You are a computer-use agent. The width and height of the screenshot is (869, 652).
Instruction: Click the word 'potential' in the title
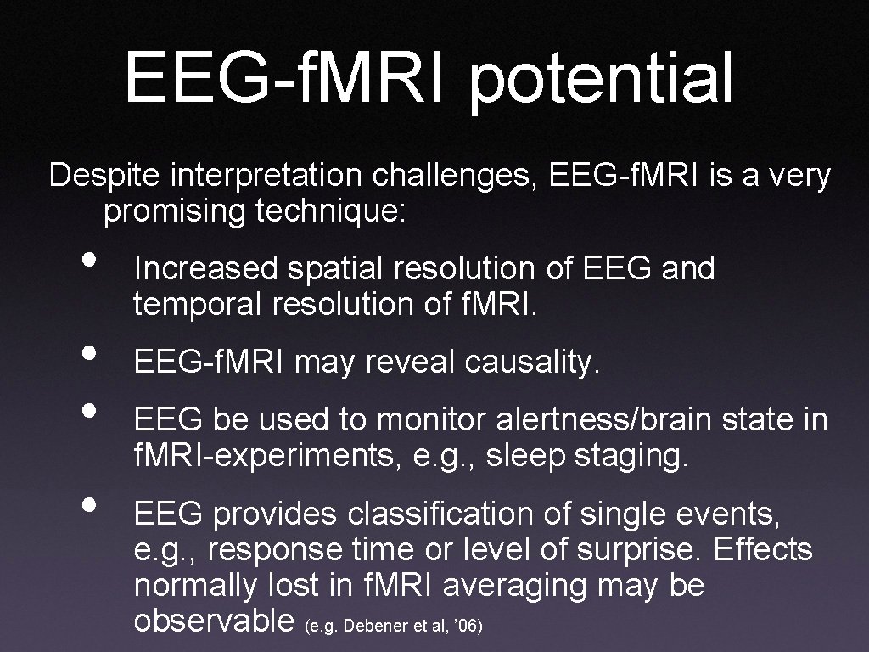point(601,78)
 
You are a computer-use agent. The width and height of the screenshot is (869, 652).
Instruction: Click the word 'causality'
point(533,363)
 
